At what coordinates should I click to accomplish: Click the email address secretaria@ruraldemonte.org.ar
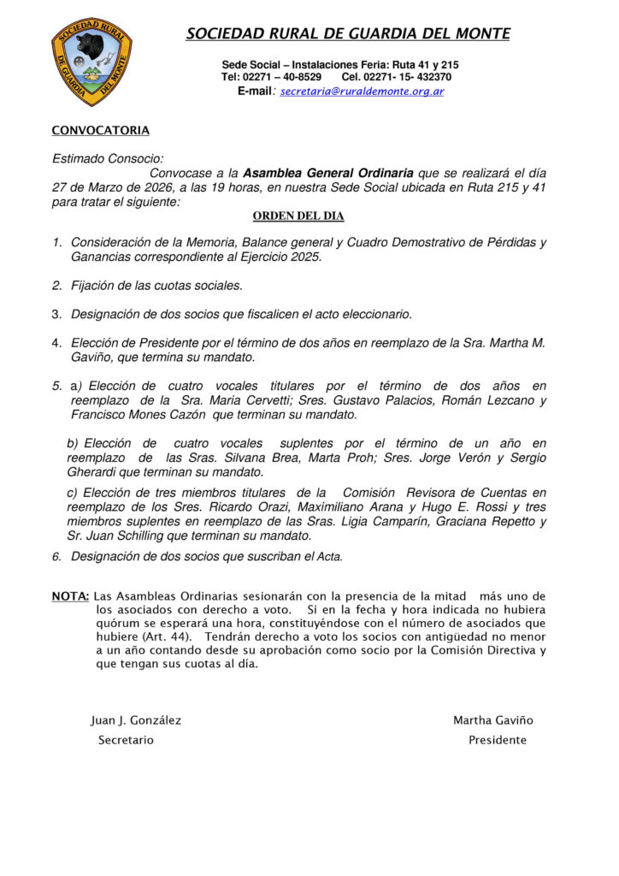coord(362,91)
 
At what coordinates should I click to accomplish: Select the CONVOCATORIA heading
coord(100,131)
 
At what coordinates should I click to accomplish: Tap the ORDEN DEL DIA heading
coord(298,216)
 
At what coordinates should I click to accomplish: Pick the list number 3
coord(56,314)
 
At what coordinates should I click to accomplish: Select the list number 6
coord(56,557)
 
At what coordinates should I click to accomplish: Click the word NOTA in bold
coord(70,595)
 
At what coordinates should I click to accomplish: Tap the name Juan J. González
coord(136,720)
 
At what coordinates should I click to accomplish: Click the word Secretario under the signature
coord(126,740)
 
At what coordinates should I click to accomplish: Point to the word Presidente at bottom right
coord(498,740)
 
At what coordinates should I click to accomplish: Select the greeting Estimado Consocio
coord(108,158)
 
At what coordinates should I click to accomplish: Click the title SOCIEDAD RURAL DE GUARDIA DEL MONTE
coord(348,34)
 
